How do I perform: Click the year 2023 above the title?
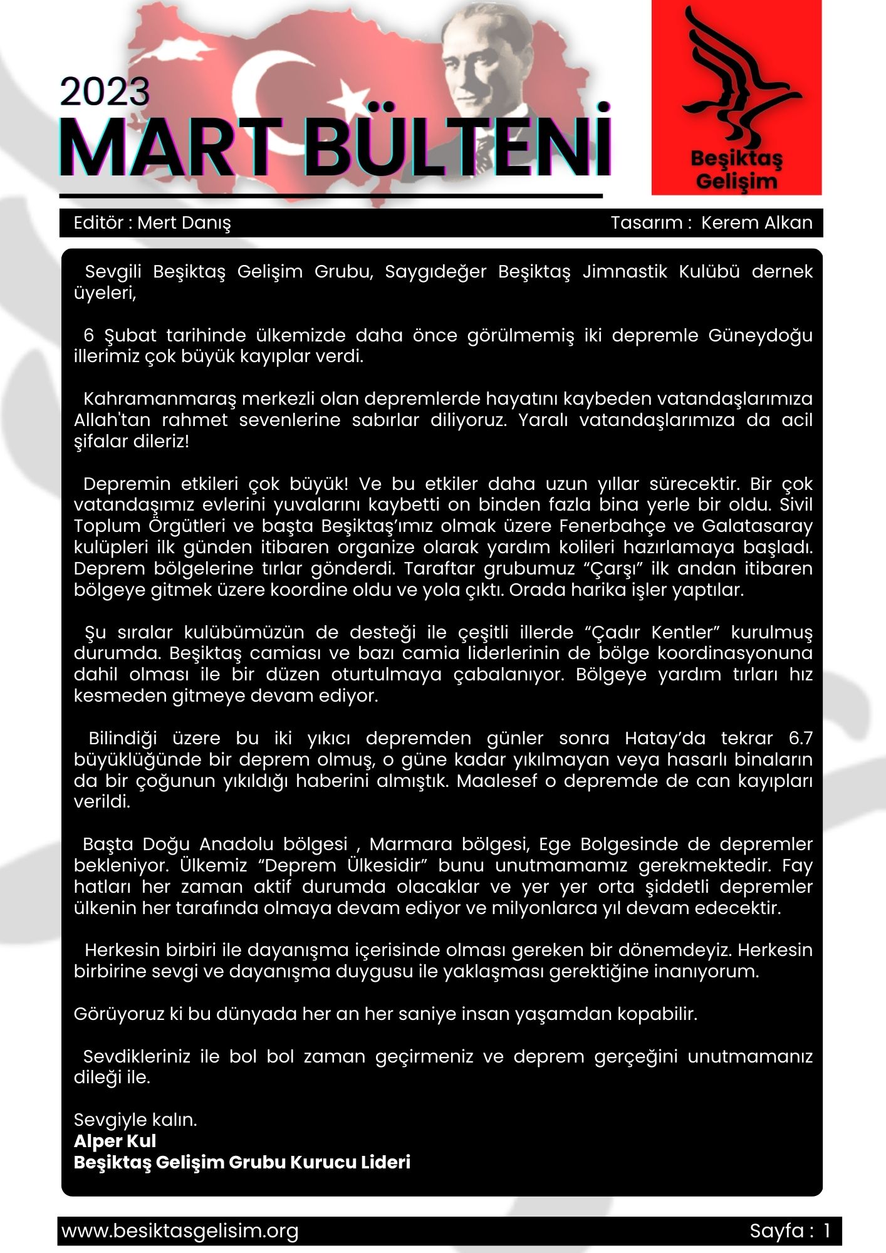pos(105,92)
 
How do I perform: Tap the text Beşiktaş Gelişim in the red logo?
pos(736,170)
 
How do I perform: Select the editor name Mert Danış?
pos(184,222)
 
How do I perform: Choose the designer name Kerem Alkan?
pos(756,222)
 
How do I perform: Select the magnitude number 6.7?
pos(800,738)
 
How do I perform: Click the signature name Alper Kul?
pos(115,1141)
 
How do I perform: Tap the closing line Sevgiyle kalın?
pos(135,1120)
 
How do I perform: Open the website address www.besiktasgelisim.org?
pos(180,1231)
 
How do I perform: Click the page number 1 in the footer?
pos(827,1231)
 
